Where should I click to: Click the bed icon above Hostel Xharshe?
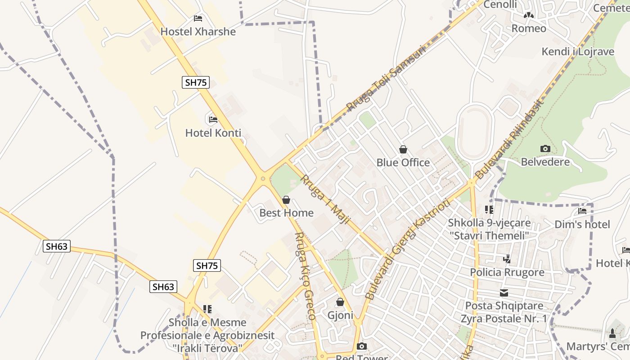click(x=198, y=18)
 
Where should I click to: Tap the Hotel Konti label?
click(x=213, y=133)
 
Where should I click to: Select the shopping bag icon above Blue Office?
click(x=403, y=149)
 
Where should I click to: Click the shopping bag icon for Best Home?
click(x=286, y=200)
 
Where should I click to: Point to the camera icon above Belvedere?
click(x=545, y=148)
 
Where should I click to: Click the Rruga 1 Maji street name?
click(x=325, y=201)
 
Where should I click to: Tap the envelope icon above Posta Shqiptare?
click(x=504, y=293)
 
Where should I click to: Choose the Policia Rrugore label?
click(x=507, y=272)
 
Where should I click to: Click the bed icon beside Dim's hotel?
click(x=582, y=211)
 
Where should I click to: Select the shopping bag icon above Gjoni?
click(x=340, y=302)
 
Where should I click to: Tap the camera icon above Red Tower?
click(x=361, y=346)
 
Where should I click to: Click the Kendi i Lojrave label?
click(x=578, y=51)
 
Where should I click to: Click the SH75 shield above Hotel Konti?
click(x=196, y=82)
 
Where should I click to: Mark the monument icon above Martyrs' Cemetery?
click(x=612, y=333)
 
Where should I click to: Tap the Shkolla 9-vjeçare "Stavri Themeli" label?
click(x=489, y=229)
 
